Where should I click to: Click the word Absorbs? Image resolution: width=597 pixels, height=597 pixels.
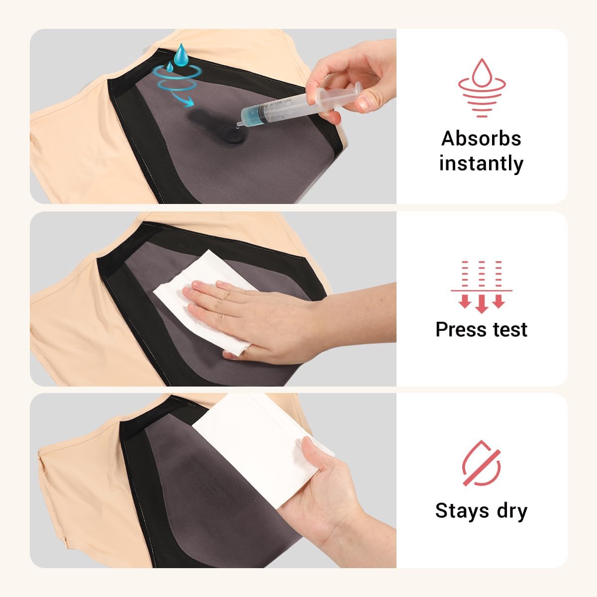(x=481, y=138)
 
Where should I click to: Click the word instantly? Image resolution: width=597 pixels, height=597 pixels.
(x=481, y=163)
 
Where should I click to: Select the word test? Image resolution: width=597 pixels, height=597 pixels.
(x=506, y=329)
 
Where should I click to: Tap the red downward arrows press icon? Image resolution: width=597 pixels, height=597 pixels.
(x=481, y=286)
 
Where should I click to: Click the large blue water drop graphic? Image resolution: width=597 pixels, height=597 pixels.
(x=182, y=52)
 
